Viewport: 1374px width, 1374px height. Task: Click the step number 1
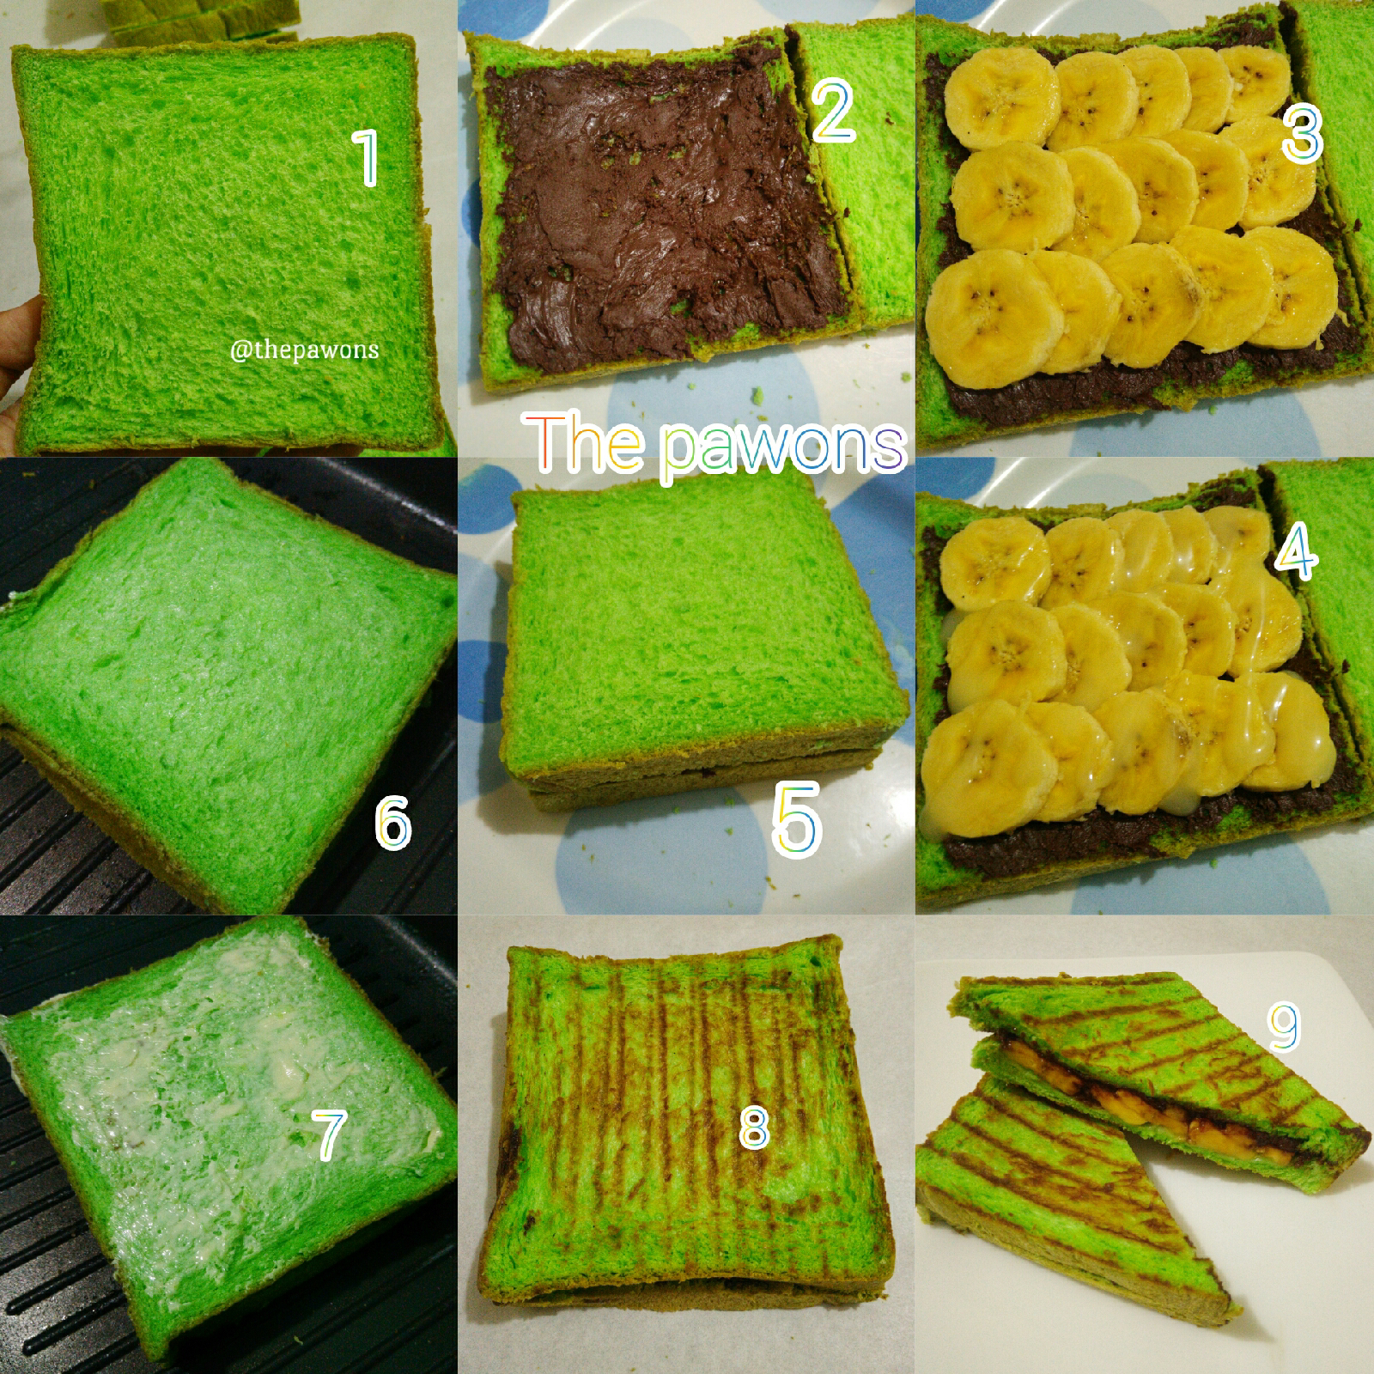coord(368,157)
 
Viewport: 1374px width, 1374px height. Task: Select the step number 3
coord(1302,132)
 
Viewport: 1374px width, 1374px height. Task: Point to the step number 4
coord(1296,551)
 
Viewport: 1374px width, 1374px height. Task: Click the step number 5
coord(797,819)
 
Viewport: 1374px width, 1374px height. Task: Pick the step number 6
coord(393,822)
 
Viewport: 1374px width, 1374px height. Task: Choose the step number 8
coord(753,1127)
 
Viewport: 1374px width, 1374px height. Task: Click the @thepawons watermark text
coord(304,350)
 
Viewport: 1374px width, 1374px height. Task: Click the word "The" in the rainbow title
coord(584,441)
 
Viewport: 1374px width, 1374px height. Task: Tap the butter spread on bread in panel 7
coord(215,1116)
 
